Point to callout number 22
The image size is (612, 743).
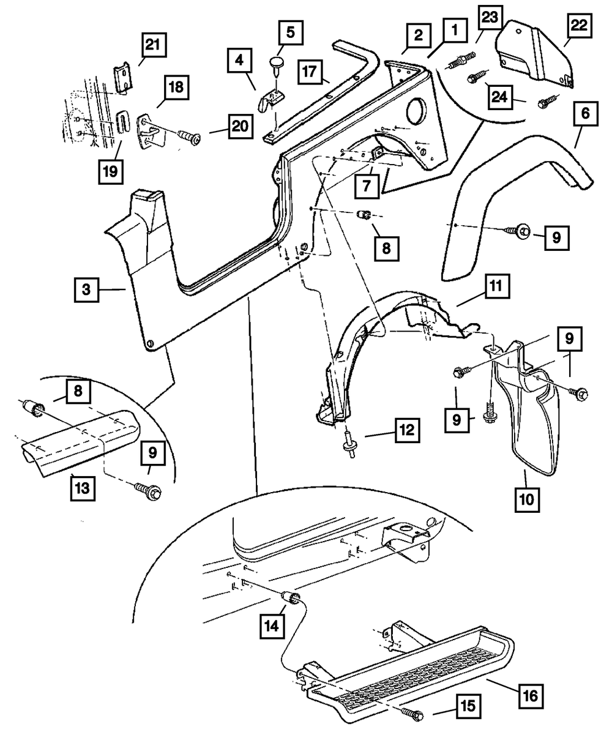click(x=579, y=26)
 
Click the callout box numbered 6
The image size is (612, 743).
click(x=586, y=113)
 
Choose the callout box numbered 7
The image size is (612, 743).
click(x=365, y=185)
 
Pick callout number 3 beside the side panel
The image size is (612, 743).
click(x=87, y=289)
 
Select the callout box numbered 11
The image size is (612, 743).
click(x=499, y=285)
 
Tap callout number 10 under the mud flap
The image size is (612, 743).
click(x=527, y=499)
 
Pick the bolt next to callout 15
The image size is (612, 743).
click(x=413, y=713)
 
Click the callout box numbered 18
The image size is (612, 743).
click(x=176, y=88)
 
